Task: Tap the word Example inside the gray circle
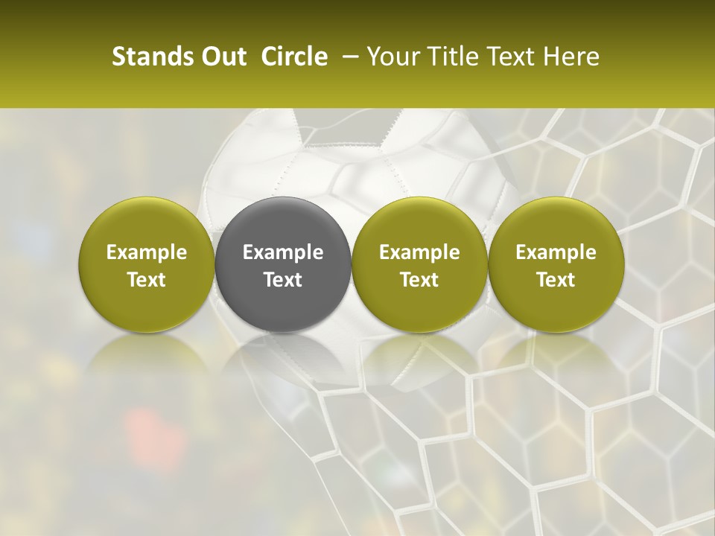[x=283, y=252]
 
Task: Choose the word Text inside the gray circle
[x=283, y=280]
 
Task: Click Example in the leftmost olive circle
[x=147, y=252]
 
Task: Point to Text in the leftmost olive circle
[x=147, y=280]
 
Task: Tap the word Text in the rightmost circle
[x=556, y=280]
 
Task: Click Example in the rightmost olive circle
[x=556, y=252]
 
